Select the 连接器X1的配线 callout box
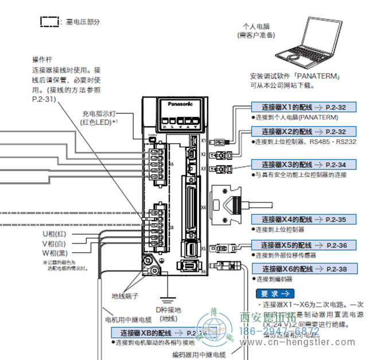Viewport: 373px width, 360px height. click(304, 107)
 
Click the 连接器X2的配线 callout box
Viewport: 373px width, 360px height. click(304, 131)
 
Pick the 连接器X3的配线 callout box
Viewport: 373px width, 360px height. click(304, 165)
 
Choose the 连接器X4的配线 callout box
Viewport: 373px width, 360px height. click(304, 220)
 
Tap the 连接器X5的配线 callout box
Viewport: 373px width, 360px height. click(304, 245)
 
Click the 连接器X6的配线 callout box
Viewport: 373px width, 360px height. click(304, 269)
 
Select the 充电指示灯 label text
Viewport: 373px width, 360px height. click(94, 115)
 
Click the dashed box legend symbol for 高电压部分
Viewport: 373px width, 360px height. click(49, 22)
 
